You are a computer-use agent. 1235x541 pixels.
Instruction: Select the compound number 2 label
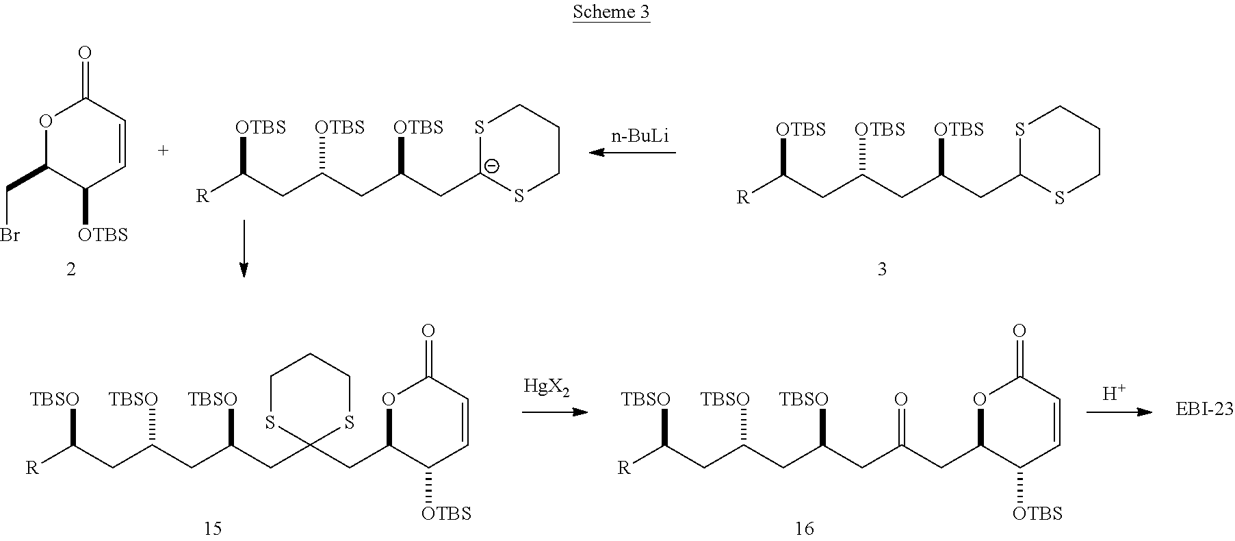coord(71,270)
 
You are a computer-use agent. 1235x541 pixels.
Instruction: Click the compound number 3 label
coord(881,270)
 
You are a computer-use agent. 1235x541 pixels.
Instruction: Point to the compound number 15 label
coord(213,528)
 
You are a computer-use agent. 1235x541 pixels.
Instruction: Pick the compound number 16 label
coord(804,528)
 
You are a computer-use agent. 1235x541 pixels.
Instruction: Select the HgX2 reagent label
coord(546,387)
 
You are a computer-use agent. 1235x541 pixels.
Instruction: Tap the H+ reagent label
coord(1112,392)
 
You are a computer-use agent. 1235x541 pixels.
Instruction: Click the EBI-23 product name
coord(1205,410)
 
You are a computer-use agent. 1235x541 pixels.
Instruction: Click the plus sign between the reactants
coord(163,150)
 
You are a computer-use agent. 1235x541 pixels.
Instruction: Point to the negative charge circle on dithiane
coord(491,166)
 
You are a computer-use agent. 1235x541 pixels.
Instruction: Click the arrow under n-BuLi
coord(632,153)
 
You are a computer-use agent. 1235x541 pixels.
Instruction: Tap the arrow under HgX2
coord(555,412)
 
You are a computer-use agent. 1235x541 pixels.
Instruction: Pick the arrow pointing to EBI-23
coord(1119,412)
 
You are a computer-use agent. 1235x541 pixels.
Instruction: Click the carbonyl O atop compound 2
coord(86,53)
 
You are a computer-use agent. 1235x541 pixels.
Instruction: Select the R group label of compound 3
coord(743,198)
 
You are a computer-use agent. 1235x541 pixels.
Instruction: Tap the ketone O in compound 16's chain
coord(901,399)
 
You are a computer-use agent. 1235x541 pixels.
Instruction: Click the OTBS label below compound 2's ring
coord(103,236)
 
